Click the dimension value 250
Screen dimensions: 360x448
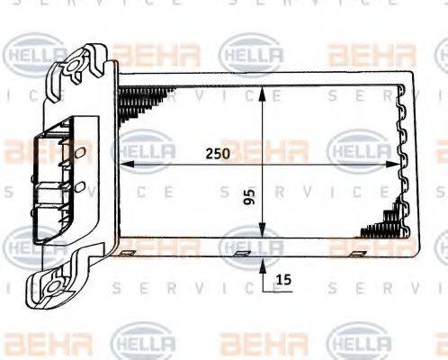[x=217, y=154]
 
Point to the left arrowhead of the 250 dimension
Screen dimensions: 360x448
[x=126, y=165]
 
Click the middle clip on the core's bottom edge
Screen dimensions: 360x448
[x=241, y=254]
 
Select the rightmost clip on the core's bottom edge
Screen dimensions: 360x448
[x=360, y=254]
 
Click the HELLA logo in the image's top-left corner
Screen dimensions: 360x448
[x=34, y=55]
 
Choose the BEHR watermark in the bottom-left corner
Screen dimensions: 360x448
[x=34, y=341]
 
